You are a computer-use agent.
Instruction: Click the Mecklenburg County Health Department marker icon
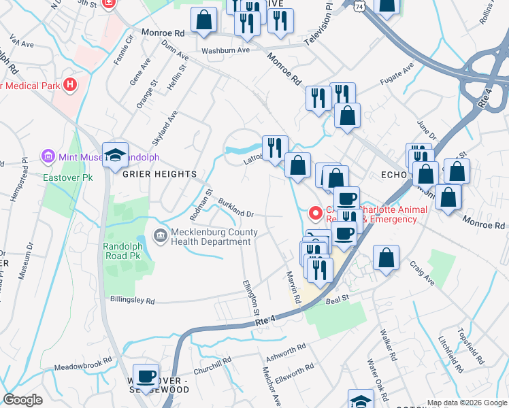coord(160,237)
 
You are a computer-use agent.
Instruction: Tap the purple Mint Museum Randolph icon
coord(48,157)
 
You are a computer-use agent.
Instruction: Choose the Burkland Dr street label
coord(236,208)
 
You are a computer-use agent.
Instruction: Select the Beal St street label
coord(337,299)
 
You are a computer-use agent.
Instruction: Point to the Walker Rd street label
coord(389,345)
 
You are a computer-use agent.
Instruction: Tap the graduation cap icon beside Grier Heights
coord(116,155)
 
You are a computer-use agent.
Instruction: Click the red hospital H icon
coord(69,85)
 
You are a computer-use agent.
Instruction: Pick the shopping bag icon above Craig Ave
coord(386,258)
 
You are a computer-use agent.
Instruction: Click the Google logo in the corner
coord(22,400)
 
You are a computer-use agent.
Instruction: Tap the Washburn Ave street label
coord(225,50)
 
